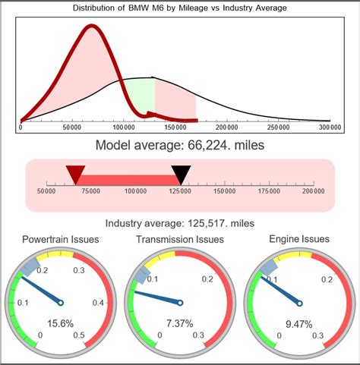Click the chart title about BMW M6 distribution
pos(179,8)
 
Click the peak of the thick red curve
pos(91,27)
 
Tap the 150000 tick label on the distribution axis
pos(175,128)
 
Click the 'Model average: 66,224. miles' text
pos(179,145)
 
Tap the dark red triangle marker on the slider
pos(74,176)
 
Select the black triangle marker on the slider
pos(181,176)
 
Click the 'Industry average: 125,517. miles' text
pos(179,223)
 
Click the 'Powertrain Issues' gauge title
pos(61,240)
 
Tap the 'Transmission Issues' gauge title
pos(179,240)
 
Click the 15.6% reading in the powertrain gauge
pos(61,323)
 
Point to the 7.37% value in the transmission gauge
pos(181,323)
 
